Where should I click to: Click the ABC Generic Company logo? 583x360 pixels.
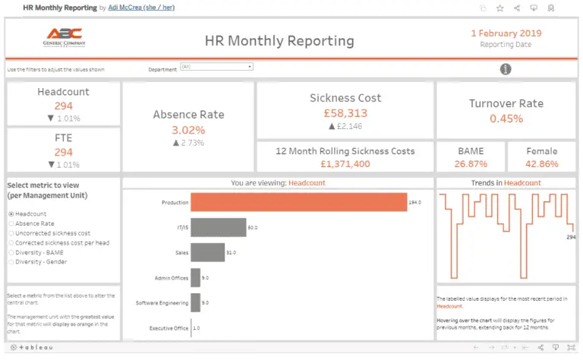64,38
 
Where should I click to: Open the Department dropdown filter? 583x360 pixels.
216,67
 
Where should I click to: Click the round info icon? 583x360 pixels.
506,69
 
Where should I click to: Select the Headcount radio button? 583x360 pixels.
11,214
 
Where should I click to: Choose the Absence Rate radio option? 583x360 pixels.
11,224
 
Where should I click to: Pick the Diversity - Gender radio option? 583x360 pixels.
11,262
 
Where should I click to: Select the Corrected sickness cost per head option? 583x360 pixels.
11,243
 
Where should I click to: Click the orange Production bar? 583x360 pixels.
298,203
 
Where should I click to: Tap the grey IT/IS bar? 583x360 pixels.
218,227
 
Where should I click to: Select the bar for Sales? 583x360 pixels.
207,252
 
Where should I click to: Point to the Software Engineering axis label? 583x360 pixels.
163,303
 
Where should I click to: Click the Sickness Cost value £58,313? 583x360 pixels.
345,112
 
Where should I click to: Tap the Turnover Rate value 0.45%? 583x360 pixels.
506,118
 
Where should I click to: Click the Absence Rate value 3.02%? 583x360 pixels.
188,130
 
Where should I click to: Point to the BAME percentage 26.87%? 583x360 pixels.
470,164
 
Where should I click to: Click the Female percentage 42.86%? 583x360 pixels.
541,164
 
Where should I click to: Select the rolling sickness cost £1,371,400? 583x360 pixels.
345,164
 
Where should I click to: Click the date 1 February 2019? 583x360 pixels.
506,33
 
